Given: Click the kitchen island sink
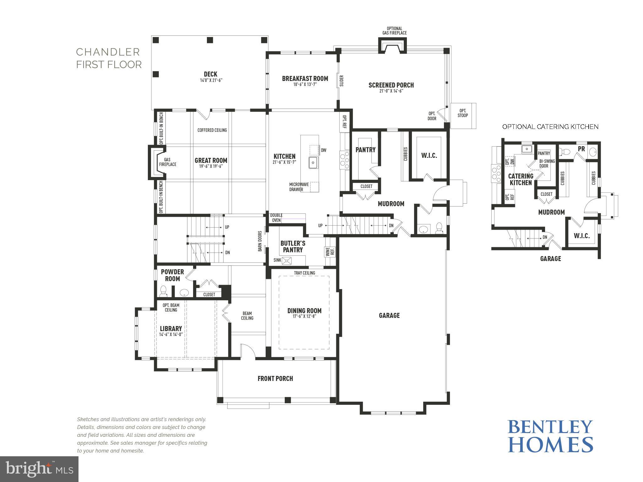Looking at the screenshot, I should [x=313, y=163].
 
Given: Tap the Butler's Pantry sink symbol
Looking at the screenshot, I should [x=287, y=260].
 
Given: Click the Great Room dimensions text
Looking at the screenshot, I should [x=211, y=166].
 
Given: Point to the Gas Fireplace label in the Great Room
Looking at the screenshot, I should [x=167, y=162].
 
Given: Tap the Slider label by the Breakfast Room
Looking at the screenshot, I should [x=342, y=81].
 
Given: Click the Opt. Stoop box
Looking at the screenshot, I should [x=463, y=113].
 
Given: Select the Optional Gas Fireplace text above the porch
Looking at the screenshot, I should [x=394, y=31].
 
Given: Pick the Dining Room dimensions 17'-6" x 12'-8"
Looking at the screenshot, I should [x=304, y=317].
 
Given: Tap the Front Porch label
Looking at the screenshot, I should [x=275, y=379].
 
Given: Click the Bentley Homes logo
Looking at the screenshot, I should [x=550, y=436].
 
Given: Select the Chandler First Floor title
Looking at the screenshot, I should [x=109, y=58].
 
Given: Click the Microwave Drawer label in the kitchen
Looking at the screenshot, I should [x=299, y=187].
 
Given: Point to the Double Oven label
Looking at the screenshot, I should [x=276, y=218].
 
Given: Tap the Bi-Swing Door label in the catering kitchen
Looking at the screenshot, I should [x=547, y=163].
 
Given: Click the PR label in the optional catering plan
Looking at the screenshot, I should [x=581, y=149].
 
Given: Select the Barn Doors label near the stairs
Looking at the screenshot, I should [x=260, y=241].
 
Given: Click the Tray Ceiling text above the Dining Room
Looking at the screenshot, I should [x=304, y=273].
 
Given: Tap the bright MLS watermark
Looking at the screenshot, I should [x=39, y=469].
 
